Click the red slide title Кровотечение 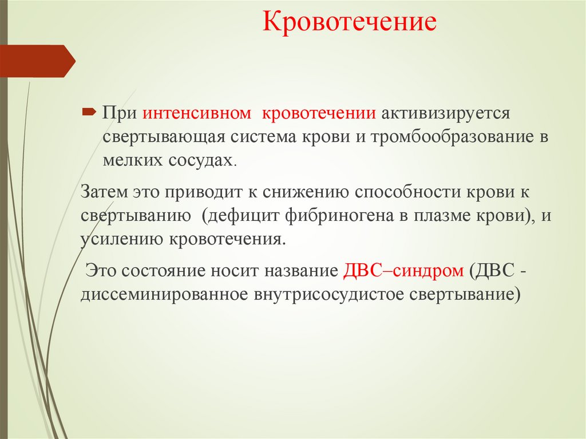pyautogui.click(x=350, y=24)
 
